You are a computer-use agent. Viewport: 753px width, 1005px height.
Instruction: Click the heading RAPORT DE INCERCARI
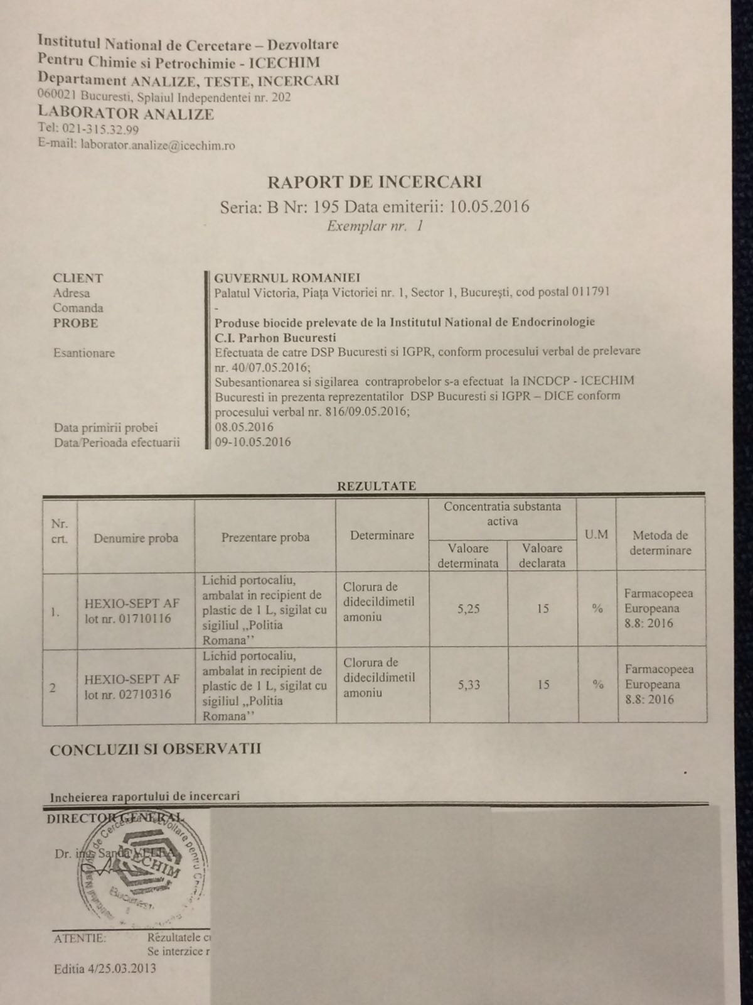click(x=375, y=182)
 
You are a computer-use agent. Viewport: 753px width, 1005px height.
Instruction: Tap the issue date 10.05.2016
click(x=489, y=206)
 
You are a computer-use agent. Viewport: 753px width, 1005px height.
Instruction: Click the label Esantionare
click(x=84, y=353)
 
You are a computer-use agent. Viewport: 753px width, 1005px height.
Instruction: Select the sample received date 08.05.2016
click(x=244, y=427)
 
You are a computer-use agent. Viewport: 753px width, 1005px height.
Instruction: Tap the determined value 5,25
click(x=469, y=608)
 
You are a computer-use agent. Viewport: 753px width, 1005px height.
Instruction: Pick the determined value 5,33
click(x=469, y=685)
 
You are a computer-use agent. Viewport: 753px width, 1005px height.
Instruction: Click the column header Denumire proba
click(x=136, y=538)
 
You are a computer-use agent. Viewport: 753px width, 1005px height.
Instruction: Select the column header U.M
click(x=596, y=535)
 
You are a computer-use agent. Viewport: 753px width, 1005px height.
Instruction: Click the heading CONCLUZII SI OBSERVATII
click(x=156, y=749)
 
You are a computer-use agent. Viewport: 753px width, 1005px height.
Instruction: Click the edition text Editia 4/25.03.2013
click(x=105, y=968)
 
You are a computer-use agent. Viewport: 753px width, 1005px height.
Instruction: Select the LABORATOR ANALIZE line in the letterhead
click(x=125, y=114)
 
